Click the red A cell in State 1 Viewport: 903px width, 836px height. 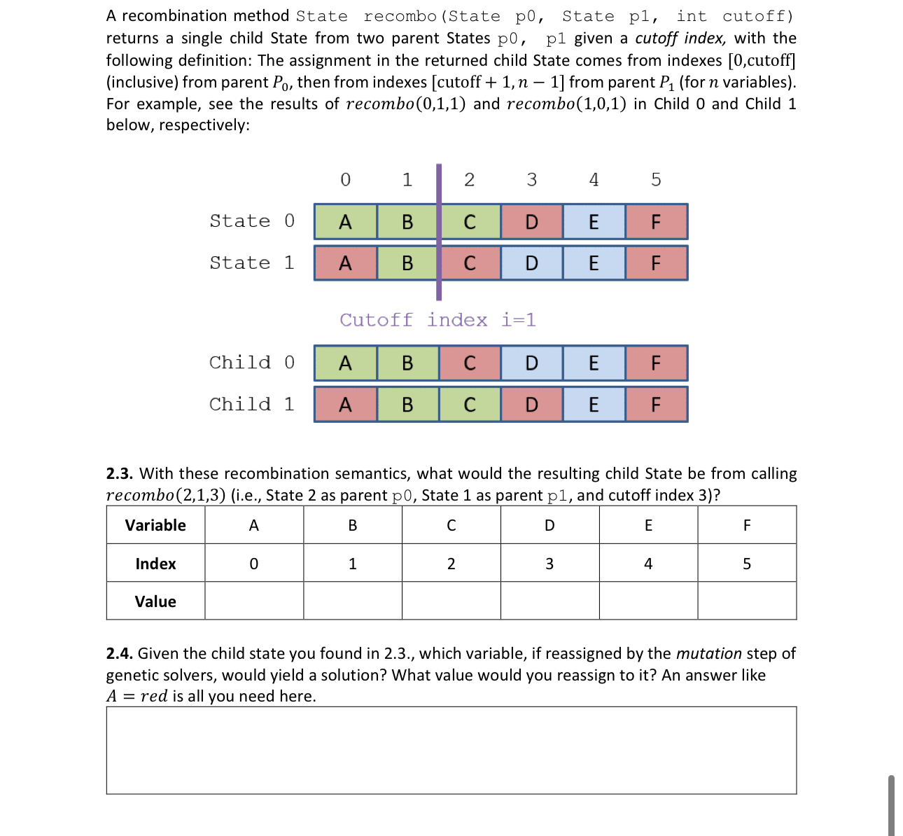[345, 263]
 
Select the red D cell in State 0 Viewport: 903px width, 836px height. [531, 222]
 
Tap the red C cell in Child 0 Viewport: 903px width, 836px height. [470, 363]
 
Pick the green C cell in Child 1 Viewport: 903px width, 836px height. [470, 405]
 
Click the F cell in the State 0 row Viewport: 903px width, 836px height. [656, 222]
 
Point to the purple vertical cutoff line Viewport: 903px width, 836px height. [439, 231]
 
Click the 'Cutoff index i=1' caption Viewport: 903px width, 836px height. [437, 320]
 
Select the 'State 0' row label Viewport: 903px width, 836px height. [252, 221]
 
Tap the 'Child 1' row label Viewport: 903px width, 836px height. [252, 404]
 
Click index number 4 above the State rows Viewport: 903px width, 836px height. [594, 180]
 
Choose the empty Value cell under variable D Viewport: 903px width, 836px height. [549, 601]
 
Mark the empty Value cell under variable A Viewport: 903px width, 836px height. [254, 601]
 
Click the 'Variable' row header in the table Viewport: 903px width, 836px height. [155, 525]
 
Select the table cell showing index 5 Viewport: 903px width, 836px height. [747, 564]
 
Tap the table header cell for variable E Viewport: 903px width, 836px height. [648, 525]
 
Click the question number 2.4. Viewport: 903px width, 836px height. [119, 653]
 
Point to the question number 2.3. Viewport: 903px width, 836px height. [119, 473]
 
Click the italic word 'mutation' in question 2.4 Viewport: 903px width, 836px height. [708, 653]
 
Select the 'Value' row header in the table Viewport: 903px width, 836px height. [155, 601]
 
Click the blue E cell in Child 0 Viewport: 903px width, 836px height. [594, 363]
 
